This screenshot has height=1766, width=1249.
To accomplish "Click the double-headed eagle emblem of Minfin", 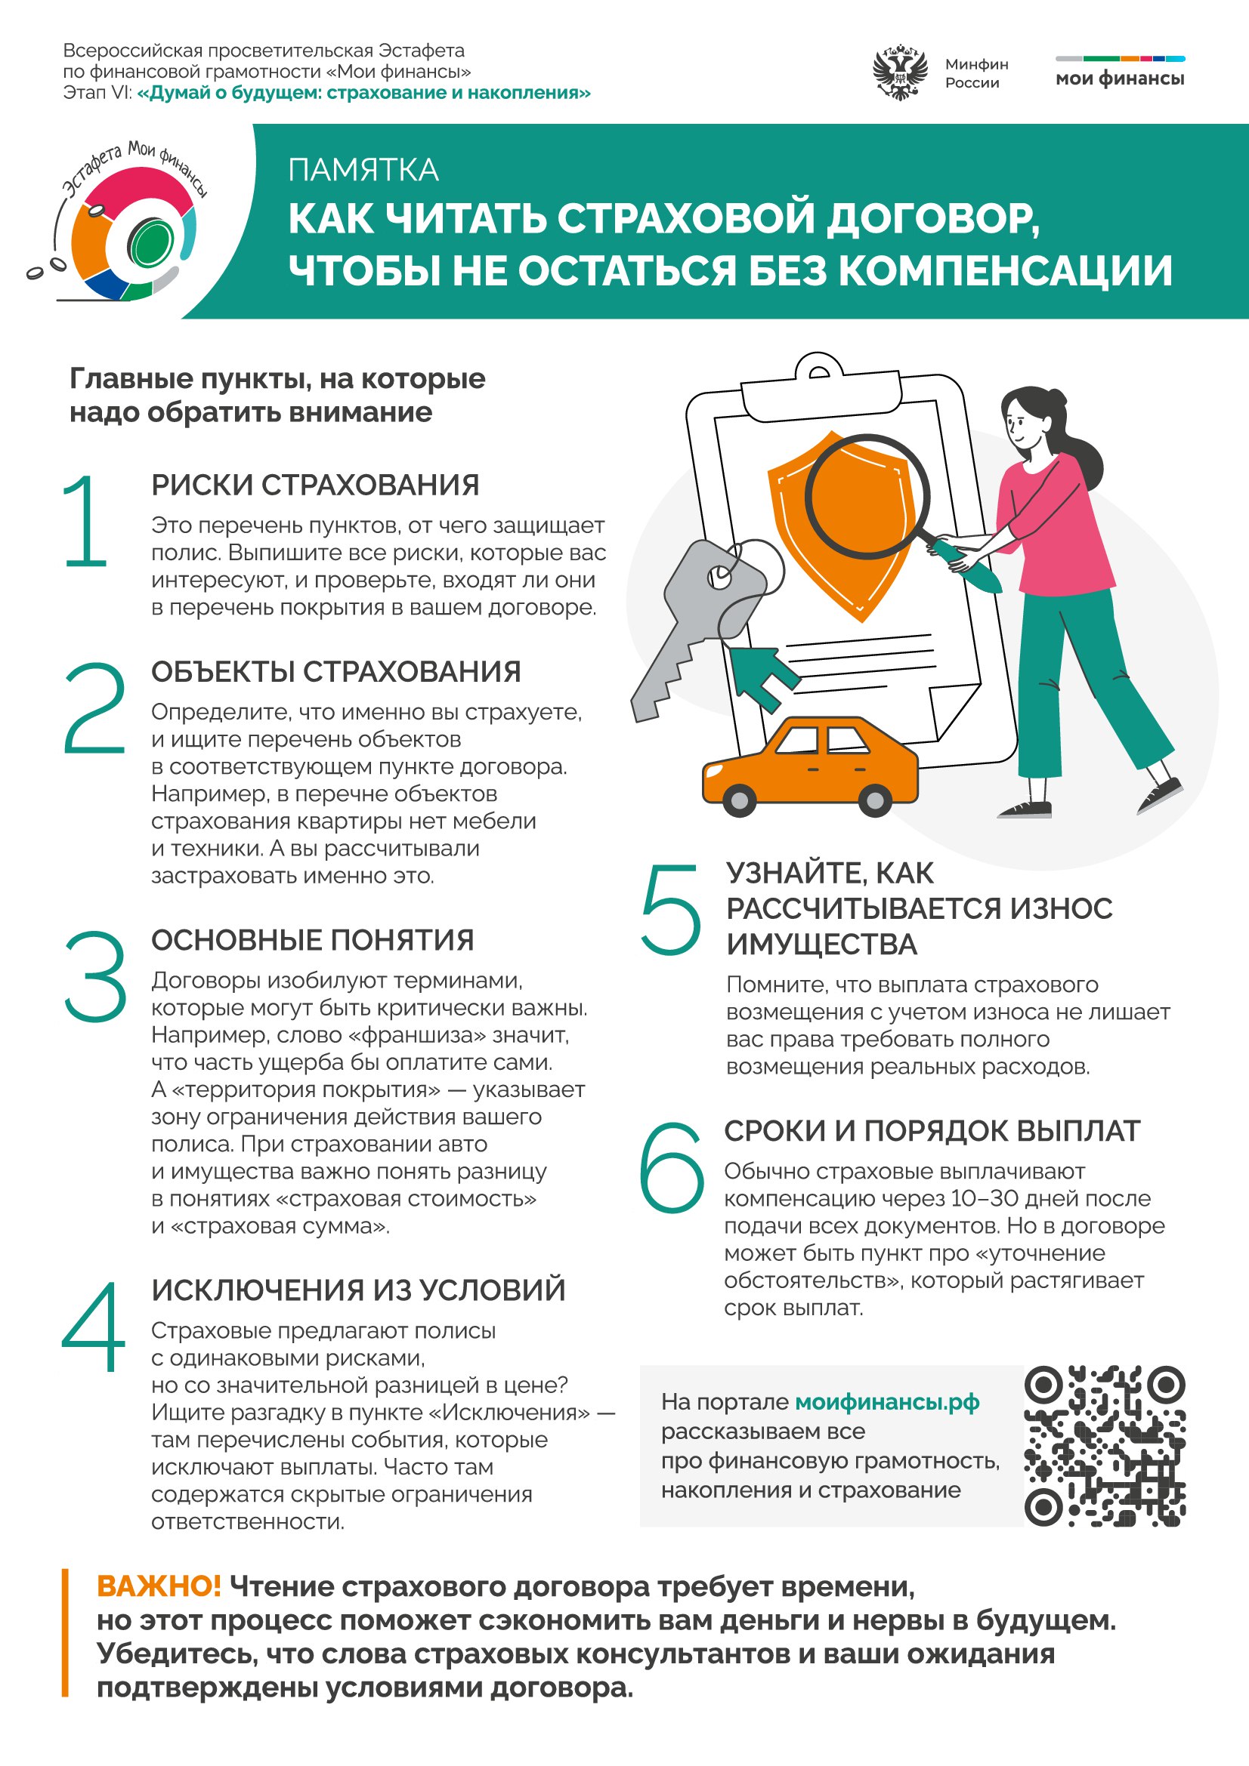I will (898, 74).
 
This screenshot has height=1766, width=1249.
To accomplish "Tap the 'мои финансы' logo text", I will (1120, 79).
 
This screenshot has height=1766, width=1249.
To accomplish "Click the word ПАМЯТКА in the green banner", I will (363, 170).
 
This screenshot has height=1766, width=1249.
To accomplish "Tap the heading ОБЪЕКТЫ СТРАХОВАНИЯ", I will (335, 671).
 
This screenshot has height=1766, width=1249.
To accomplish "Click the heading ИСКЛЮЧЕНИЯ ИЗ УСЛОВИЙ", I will (358, 1290).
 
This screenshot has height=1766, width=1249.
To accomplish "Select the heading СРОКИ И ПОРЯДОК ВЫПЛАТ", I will (931, 1131).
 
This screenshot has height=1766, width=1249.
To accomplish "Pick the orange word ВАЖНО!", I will (159, 1586).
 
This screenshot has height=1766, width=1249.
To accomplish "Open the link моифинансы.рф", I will (886, 1402).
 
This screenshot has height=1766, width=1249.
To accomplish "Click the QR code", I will (1105, 1446).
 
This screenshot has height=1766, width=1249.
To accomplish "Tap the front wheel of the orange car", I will (740, 800).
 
